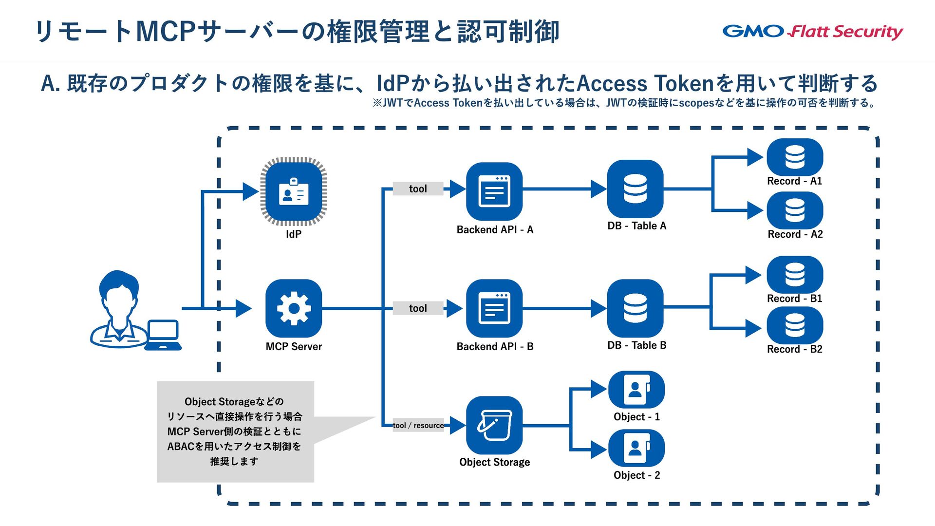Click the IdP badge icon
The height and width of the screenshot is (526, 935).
294,191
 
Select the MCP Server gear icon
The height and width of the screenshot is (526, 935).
294,308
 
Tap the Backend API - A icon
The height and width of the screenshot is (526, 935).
494,191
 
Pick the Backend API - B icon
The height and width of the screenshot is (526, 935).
494,308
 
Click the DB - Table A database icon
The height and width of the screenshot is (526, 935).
636,189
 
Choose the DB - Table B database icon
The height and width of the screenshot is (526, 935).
636,308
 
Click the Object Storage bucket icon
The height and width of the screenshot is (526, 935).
494,425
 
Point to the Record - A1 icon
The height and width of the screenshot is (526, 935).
795,157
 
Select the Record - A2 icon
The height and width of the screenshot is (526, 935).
795,210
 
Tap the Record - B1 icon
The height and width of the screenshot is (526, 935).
795,275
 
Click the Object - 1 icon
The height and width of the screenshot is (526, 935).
636,390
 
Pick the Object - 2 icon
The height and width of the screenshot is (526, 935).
636,448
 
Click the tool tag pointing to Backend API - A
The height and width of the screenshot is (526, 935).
418,188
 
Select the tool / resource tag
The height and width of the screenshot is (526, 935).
418,425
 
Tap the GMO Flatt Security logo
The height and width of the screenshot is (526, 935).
813,32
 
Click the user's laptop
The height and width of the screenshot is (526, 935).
163,335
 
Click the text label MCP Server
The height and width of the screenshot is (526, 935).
294,346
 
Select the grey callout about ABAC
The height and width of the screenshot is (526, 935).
236,432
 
